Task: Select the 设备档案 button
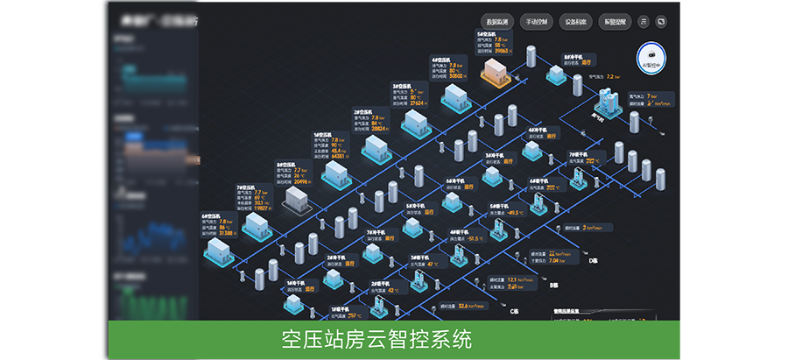(x=577, y=21)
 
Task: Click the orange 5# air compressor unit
(x=496, y=69)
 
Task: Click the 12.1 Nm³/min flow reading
(x=521, y=279)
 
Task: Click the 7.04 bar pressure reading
(x=554, y=260)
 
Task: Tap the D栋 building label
(x=592, y=260)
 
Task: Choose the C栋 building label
(x=515, y=310)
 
